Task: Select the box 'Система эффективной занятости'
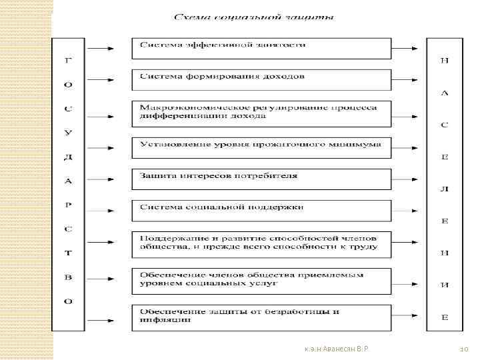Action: click(x=261, y=48)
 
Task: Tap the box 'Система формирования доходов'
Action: click(x=261, y=80)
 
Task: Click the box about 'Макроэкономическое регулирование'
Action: click(x=261, y=113)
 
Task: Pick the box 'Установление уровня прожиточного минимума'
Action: click(x=261, y=148)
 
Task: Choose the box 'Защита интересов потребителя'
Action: click(x=261, y=179)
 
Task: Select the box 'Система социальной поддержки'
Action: click(x=261, y=211)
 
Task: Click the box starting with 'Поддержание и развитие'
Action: click(x=261, y=245)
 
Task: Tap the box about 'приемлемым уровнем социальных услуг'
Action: click(x=261, y=281)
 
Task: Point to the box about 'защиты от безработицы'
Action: click(x=261, y=317)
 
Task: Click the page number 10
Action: click(x=465, y=349)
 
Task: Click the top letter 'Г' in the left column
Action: click(x=69, y=61)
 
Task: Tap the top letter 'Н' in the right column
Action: click(x=444, y=61)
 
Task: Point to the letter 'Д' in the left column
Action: click(x=69, y=157)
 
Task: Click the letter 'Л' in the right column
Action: click(x=444, y=189)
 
